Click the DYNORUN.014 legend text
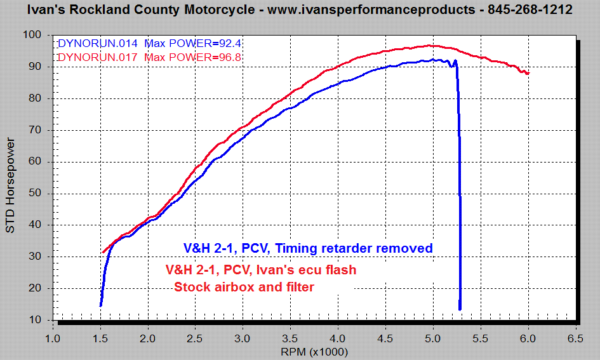(x=97, y=44)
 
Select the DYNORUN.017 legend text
(x=97, y=57)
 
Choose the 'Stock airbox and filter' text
(x=244, y=287)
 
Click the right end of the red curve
(x=528, y=74)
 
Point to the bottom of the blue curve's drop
(x=460, y=309)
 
